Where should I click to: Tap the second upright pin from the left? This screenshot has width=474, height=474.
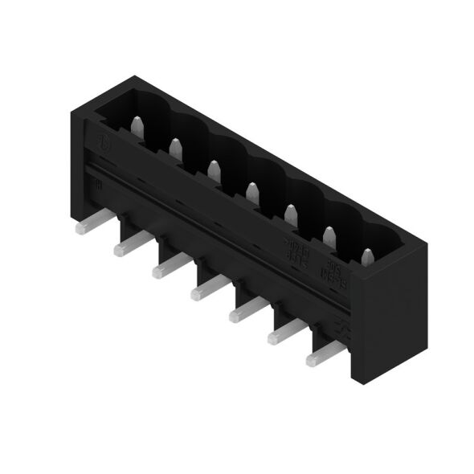click(175, 147)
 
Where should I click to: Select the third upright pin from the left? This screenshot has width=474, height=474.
click(214, 170)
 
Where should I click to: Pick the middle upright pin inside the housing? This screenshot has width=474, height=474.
click(251, 191)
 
